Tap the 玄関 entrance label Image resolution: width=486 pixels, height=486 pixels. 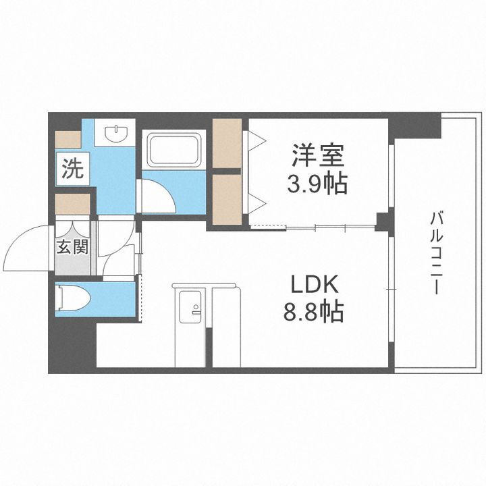point(72,247)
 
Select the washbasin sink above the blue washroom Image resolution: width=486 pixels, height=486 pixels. point(115,132)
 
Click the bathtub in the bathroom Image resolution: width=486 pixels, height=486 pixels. point(173,150)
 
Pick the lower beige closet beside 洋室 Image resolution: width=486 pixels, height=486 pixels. point(227,200)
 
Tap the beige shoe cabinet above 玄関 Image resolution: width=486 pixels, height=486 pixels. point(72,204)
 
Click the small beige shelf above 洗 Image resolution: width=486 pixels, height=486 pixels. point(67,138)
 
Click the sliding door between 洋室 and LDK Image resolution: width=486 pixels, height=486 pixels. point(314,227)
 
